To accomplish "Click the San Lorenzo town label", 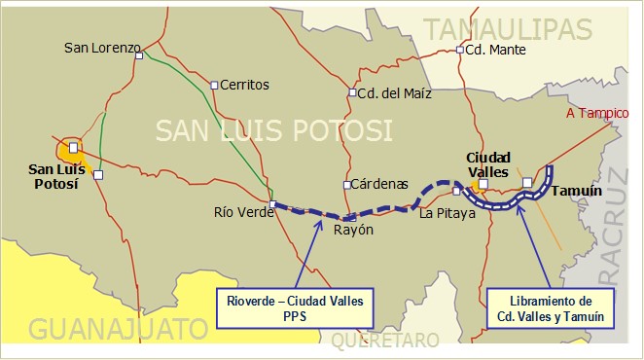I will click(102, 47).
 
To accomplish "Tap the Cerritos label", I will click(244, 85).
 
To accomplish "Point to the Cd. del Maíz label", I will click(392, 93).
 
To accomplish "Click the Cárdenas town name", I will click(378, 184).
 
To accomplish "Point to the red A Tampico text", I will click(597, 114).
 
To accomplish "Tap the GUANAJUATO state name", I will click(117, 329).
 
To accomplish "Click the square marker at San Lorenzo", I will click(140, 55).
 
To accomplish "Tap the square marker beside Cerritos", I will click(215, 85).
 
